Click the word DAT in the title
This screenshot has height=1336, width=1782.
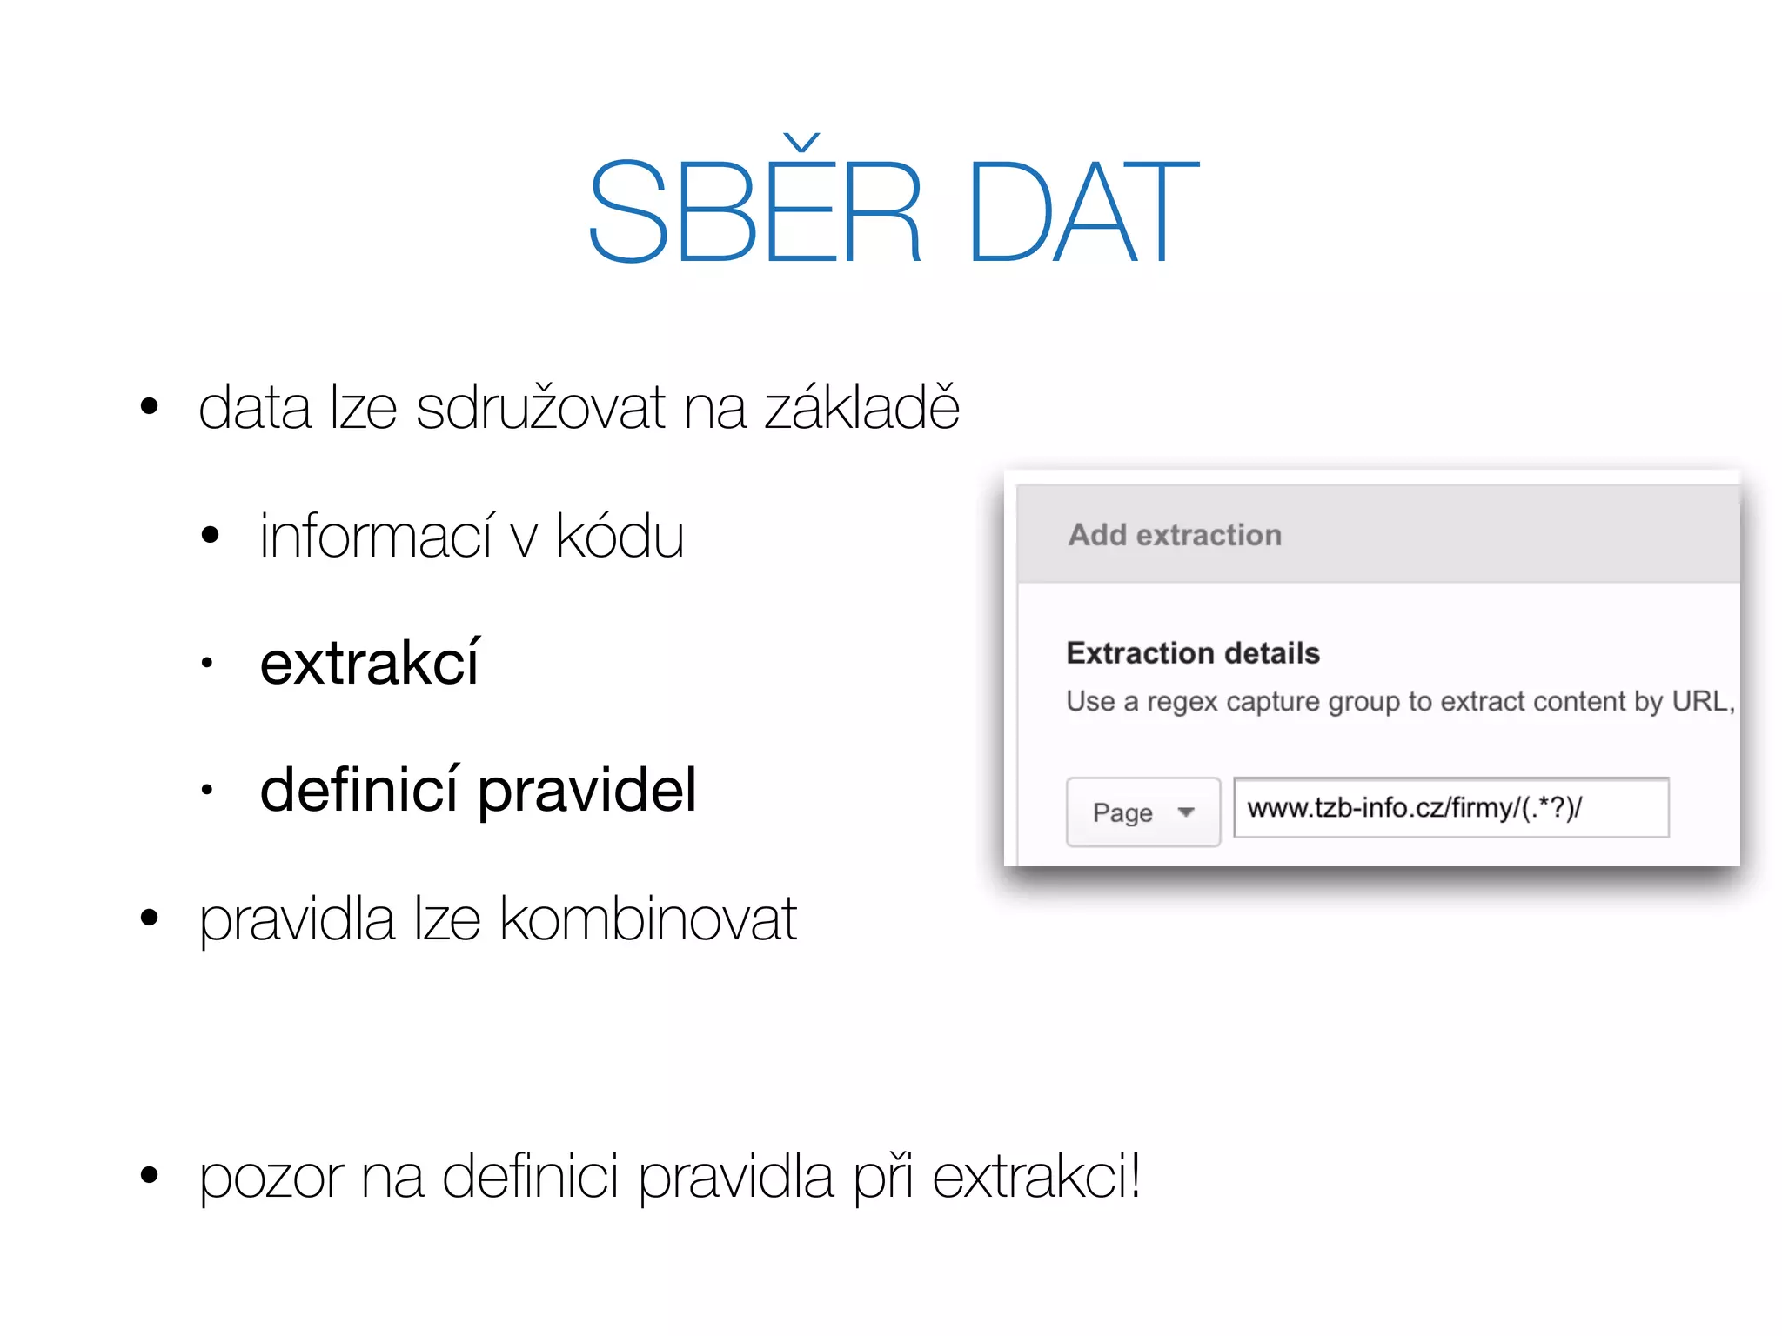pyautogui.click(x=1082, y=211)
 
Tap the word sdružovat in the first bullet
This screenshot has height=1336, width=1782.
pyautogui.click(x=539, y=408)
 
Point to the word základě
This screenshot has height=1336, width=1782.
pyautogui.click(x=861, y=408)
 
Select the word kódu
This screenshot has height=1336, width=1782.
pyautogui.click(x=620, y=536)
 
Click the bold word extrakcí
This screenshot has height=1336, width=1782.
pyautogui.click(x=369, y=664)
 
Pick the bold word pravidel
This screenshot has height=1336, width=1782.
pyautogui.click(x=587, y=791)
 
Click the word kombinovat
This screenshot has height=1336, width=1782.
pyautogui.click(x=648, y=918)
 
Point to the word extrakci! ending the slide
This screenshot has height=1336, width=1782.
pyautogui.click(x=1036, y=1176)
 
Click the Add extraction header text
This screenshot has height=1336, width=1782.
pyautogui.click(x=1175, y=535)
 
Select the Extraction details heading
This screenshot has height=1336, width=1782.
pyautogui.click(x=1193, y=653)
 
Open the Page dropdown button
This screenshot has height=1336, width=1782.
pyautogui.click(x=1142, y=812)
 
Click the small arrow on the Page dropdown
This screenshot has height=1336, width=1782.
pyautogui.click(x=1186, y=812)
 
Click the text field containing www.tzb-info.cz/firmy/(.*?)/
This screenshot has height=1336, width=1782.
pyautogui.click(x=1450, y=808)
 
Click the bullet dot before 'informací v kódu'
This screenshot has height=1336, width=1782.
pyautogui.click(x=210, y=535)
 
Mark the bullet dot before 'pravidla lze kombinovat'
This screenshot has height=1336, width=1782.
pyautogui.click(x=150, y=918)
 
